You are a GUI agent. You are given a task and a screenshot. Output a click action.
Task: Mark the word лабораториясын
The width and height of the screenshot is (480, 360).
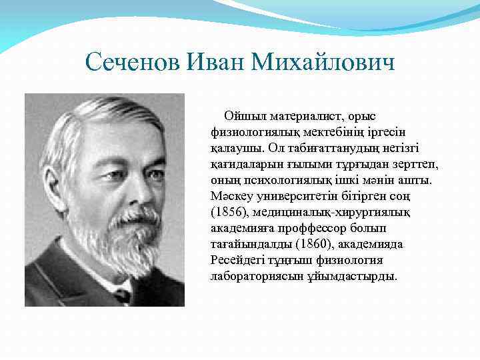pos(252,276)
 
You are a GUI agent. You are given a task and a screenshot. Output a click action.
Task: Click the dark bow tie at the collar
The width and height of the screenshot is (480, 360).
pos(123,293)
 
